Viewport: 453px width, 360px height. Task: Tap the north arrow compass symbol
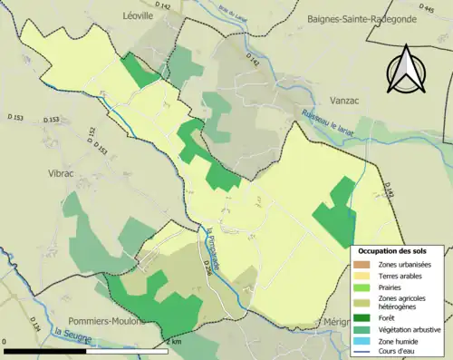tap(404, 70)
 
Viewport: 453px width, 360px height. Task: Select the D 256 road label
tap(207, 265)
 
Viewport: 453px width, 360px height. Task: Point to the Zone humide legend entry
tap(397, 342)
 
